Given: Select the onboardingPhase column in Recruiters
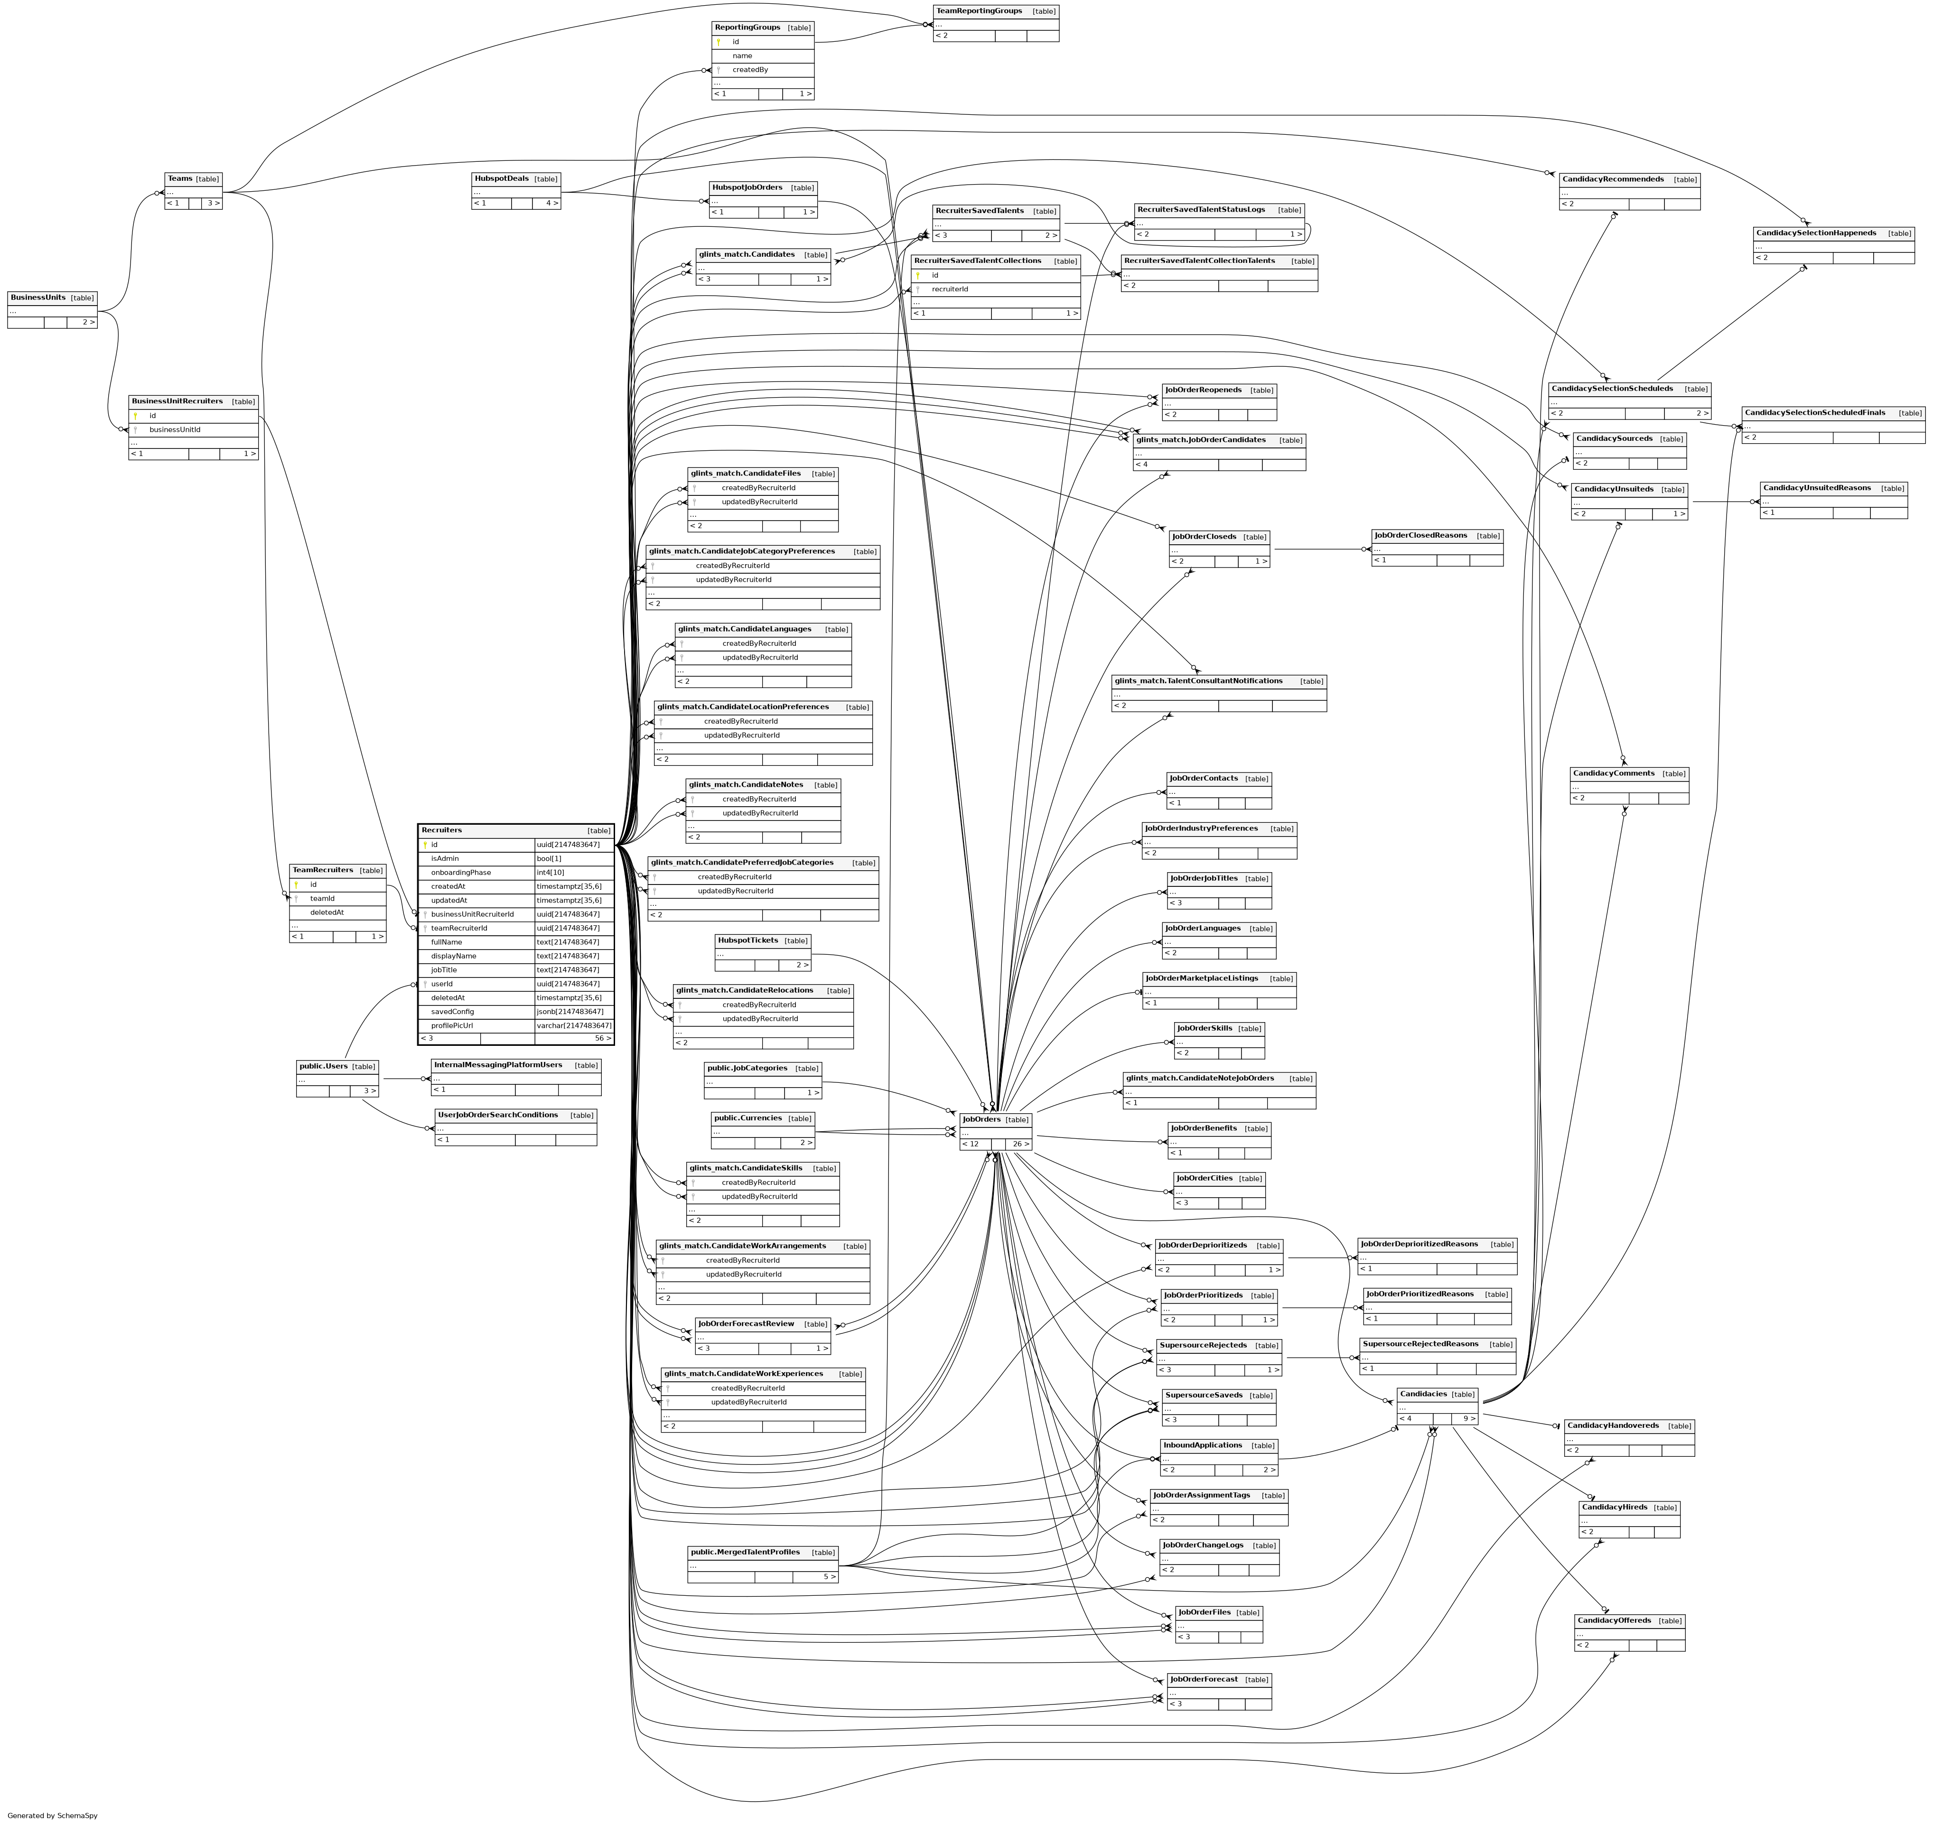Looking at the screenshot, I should tap(461, 873).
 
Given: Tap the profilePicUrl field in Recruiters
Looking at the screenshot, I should tap(452, 1025).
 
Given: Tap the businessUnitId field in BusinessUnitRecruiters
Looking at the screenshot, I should tap(175, 429).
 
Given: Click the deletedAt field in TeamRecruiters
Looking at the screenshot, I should tap(327, 912).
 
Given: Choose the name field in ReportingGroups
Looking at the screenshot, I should tap(742, 56).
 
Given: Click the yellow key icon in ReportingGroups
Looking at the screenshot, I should tap(719, 42).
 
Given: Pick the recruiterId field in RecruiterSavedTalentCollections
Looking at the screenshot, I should tap(950, 289).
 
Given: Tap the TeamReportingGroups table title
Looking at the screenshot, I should tap(979, 11).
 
